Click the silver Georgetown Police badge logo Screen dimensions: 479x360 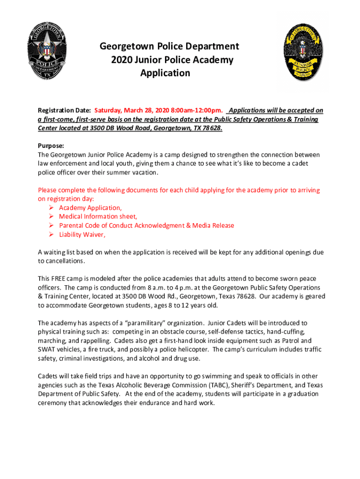coord(46,51)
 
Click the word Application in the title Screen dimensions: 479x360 coord(165,73)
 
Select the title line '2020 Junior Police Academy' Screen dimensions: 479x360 coord(172,60)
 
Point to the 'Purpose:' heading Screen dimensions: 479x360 coord(51,145)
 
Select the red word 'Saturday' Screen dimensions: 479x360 coord(108,111)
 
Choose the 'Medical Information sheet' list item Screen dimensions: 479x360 coord(98,217)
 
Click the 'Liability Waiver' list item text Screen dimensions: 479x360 coord(82,234)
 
